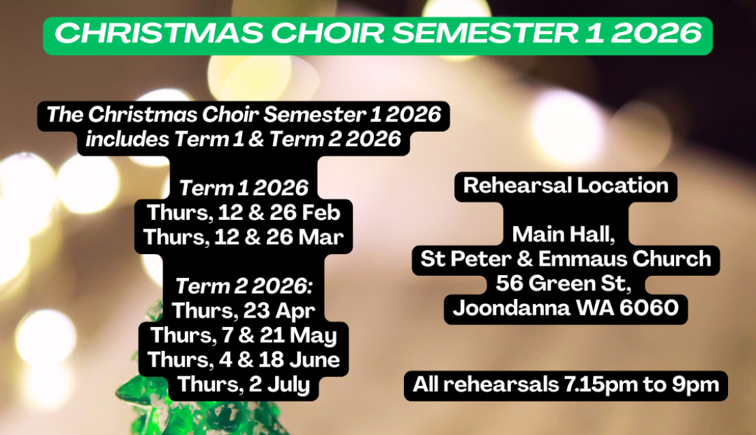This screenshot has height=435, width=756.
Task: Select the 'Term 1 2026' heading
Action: (243, 188)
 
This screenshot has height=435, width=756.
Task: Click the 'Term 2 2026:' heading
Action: (244, 285)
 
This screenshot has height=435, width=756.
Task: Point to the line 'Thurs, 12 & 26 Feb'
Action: (243, 212)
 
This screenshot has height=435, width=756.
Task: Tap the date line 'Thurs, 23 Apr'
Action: (244, 311)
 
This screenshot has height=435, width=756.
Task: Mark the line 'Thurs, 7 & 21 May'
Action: (244, 335)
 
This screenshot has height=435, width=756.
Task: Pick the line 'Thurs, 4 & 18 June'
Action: (244, 359)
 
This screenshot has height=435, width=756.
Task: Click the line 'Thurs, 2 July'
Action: (244, 384)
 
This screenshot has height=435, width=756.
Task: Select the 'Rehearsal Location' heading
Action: (566, 186)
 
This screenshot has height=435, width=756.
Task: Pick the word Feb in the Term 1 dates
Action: (320, 212)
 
